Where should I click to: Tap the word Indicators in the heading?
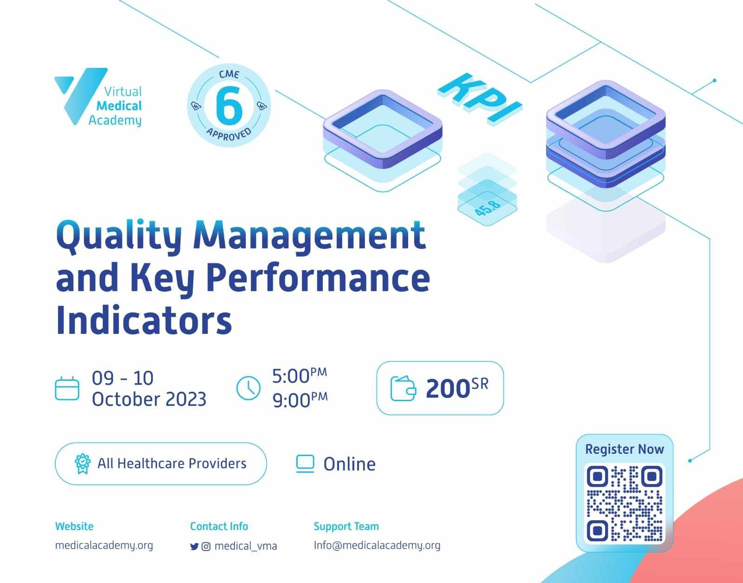tap(144, 320)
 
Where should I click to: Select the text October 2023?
tap(149, 399)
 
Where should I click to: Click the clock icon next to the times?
tap(248, 388)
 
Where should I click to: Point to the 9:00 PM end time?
tap(300, 400)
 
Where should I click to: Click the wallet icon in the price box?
tap(403, 388)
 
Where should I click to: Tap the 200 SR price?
tap(457, 388)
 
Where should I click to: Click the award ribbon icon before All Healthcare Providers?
tap(82, 464)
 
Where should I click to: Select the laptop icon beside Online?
tap(305, 464)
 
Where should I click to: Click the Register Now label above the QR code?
tap(625, 449)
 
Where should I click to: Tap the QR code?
tap(625, 503)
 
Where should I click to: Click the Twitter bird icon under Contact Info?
tap(194, 546)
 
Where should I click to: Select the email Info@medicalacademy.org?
tap(377, 545)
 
